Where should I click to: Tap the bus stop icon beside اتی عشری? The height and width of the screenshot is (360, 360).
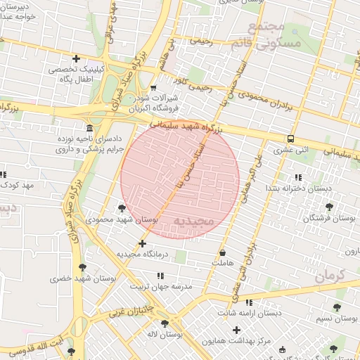tap(290, 139)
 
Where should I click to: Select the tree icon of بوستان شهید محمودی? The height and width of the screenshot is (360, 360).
tap(122, 208)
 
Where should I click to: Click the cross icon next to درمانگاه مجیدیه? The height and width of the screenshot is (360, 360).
tap(143, 243)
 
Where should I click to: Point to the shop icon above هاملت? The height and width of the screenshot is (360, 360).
tap(223, 252)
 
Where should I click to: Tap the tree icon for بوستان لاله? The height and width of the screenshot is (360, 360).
tap(165, 324)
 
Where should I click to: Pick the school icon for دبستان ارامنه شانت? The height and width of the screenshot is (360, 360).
tap(249, 302)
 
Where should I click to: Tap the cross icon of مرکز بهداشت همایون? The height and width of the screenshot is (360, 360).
tap(236, 330)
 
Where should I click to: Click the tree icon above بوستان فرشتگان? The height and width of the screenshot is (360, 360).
tap(328, 207)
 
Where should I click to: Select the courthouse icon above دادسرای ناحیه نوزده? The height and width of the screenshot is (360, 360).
tap(89, 128)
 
